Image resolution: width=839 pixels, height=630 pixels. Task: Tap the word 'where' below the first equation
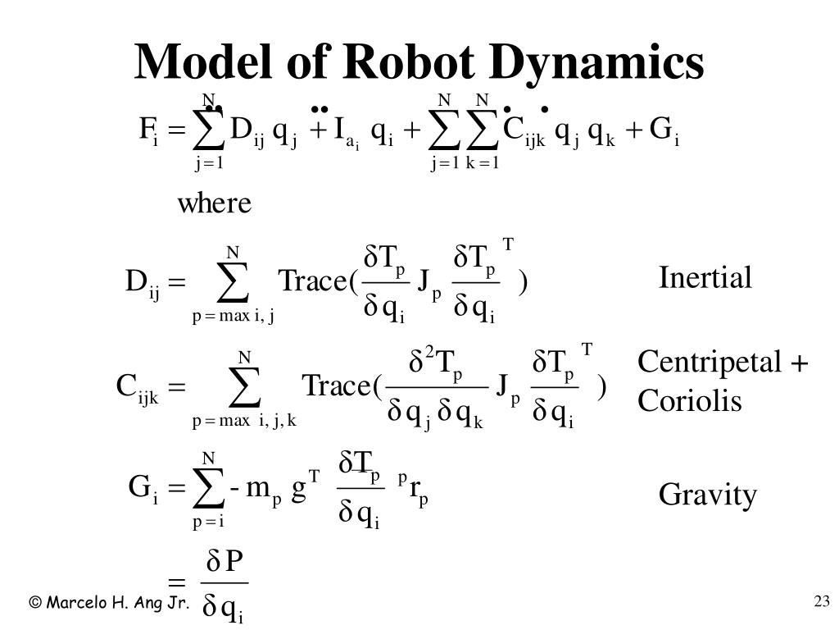(x=215, y=203)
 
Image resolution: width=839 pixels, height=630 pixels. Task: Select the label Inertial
(x=705, y=278)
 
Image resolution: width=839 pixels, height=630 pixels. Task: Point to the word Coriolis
(x=689, y=400)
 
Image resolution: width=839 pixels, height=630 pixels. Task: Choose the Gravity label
(x=707, y=495)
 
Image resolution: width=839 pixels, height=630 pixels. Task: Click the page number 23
(x=822, y=603)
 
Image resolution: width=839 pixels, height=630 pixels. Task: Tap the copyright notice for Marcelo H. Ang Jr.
(x=110, y=603)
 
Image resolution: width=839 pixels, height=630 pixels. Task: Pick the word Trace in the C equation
(x=337, y=386)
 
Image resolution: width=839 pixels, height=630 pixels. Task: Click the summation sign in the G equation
(x=209, y=487)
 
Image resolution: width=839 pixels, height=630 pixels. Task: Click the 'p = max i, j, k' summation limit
(x=244, y=422)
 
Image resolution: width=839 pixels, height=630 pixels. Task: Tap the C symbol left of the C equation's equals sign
(x=127, y=385)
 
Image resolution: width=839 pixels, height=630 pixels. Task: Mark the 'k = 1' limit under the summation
(x=483, y=163)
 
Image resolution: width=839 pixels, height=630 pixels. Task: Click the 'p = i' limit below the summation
(x=208, y=520)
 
